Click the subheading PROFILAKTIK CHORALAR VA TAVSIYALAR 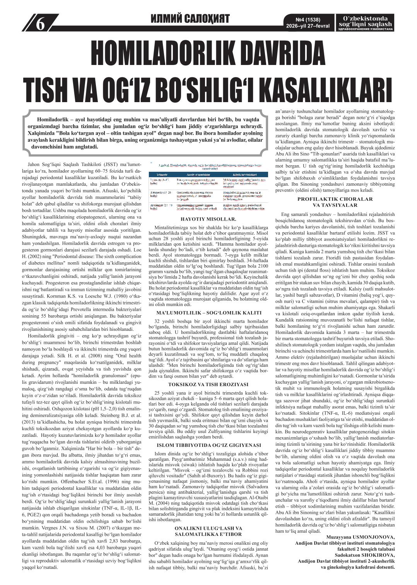(x=335, y=202)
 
